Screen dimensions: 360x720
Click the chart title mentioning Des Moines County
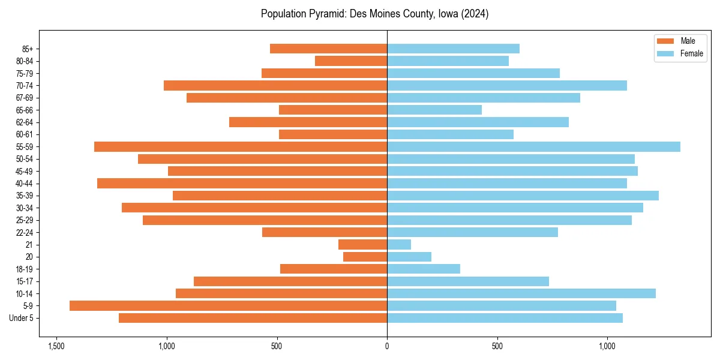tap(374, 14)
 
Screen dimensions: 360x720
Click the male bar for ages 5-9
tap(228, 306)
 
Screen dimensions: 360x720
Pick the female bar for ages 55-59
tap(533, 147)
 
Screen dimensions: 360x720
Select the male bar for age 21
tap(362, 245)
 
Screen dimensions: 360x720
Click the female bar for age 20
tap(409, 257)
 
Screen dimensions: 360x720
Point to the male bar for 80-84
tap(351, 61)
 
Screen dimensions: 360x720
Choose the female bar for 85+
tap(453, 49)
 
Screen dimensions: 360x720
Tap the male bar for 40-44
tap(242, 184)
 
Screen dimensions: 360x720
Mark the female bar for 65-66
tap(434, 110)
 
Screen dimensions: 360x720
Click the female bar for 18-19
tap(424, 269)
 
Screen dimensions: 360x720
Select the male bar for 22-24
tap(325, 232)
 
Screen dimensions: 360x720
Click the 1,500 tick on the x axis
tap(56, 346)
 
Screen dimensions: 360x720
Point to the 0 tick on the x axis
tap(387, 346)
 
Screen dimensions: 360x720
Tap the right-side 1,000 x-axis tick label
tap(607, 346)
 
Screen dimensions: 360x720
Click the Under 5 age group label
tap(21, 318)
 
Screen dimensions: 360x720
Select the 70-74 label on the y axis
tap(25, 86)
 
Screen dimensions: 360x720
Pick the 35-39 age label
tap(25, 196)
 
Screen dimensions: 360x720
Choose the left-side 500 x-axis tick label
tap(277, 346)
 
